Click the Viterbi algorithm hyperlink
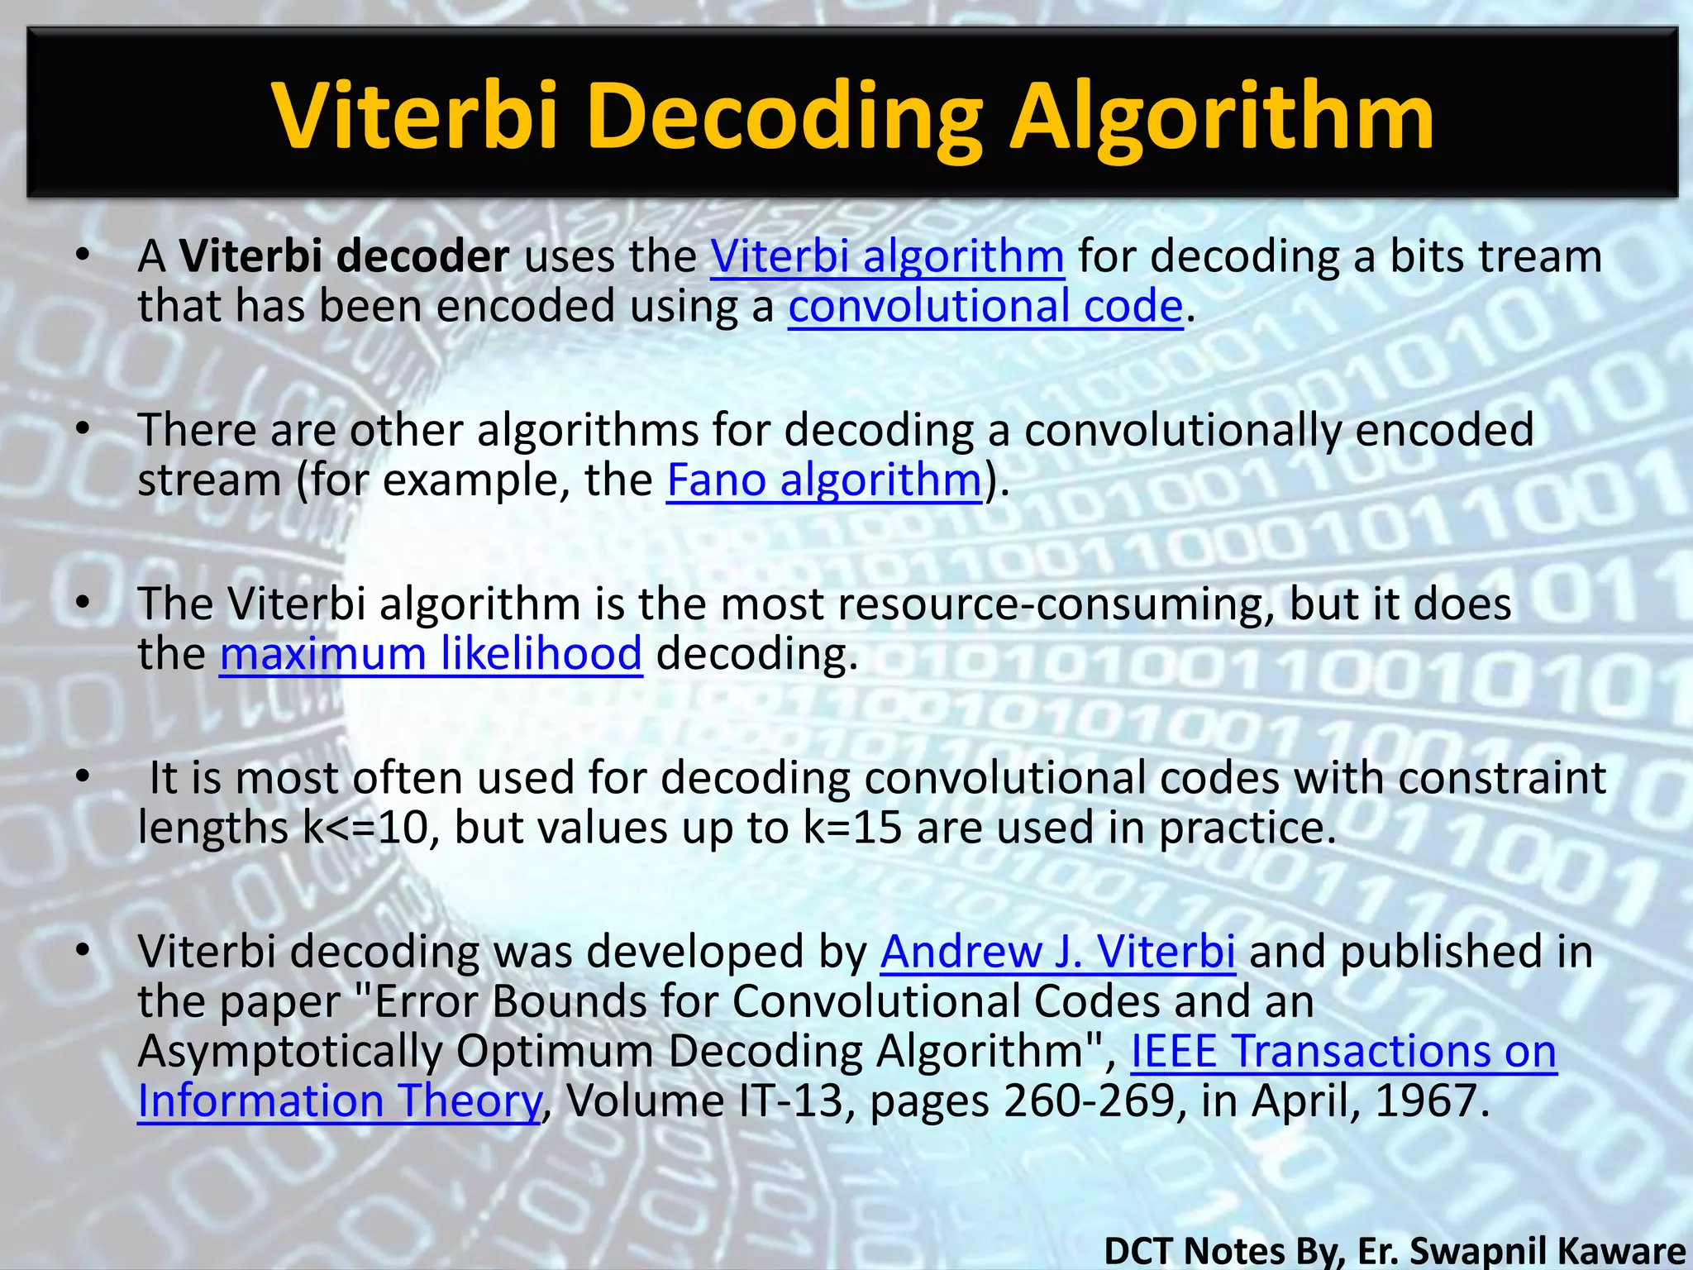point(887,256)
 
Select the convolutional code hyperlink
point(985,306)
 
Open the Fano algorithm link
point(824,480)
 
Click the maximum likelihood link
point(431,654)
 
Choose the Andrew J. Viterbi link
point(1057,952)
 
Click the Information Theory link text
point(340,1101)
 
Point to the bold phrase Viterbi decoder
point(345,256)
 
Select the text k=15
point(852,828)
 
